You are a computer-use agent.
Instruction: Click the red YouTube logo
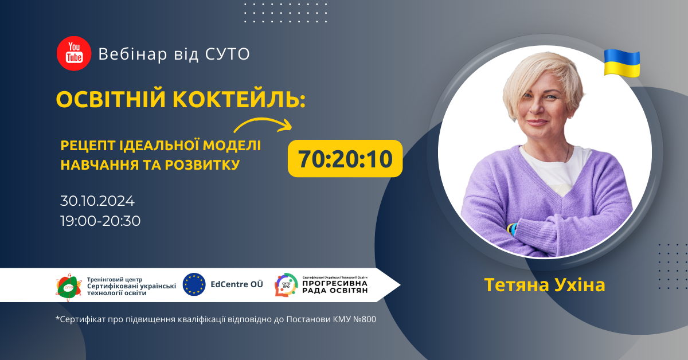click(x=74, y=53)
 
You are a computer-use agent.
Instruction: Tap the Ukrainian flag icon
click(x=621, y=63)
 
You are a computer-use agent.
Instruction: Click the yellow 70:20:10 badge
click(x=345, y=158)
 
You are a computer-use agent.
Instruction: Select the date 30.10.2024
click(x=97, y=201)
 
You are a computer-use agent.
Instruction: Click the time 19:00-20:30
click(x=100, y=221)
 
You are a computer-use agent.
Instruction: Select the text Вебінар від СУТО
click(x=174, y=54)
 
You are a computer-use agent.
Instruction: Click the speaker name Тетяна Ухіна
click(x=544, y=284)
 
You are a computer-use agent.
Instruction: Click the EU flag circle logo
click(x=194, y=284)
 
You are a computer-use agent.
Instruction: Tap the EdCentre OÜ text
click(x=237, y=284)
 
